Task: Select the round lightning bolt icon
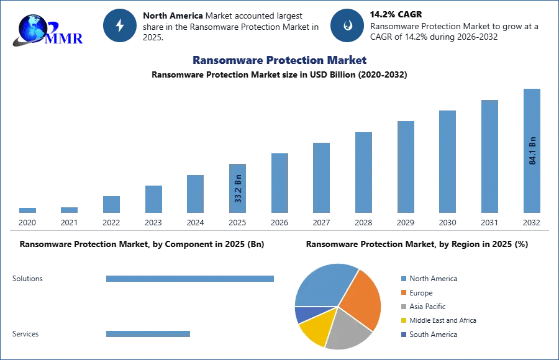coord(120,25)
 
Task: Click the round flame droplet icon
coord(347,25)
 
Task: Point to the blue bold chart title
coord(279,60)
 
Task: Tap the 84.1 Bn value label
coord(532,150)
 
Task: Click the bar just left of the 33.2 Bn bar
coord(194,194)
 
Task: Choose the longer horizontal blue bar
coord(191,279)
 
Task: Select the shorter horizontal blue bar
coord(148,333)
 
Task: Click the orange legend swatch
coord(402,293)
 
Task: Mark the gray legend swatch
coord(402,307)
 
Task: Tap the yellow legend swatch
coord(402,320)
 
